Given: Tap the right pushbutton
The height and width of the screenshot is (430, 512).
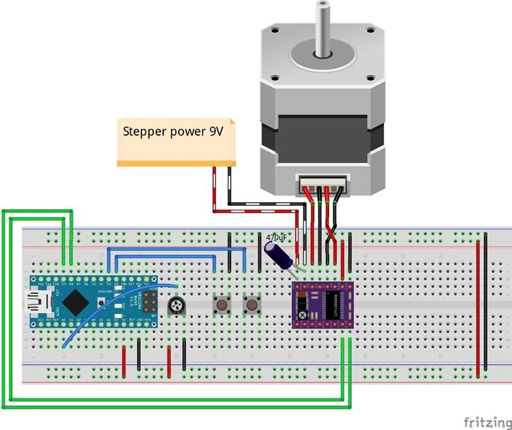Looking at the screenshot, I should tap(251, 305).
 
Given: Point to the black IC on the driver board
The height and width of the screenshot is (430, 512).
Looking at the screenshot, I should tap(334, 304).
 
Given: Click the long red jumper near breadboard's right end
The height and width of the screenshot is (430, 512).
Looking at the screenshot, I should tap(478, 309).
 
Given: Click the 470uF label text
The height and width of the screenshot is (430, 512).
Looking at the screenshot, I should tap(277, 238).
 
